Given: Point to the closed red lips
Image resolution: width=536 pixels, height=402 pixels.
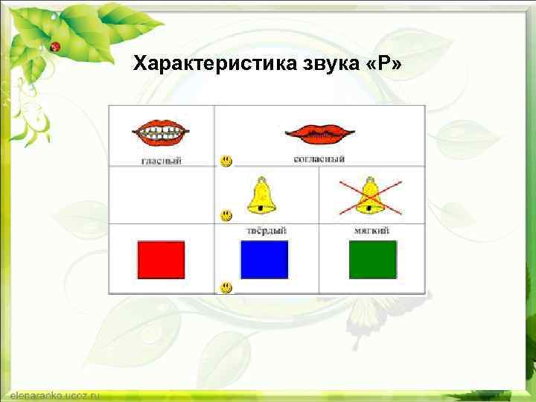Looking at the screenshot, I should tap(319, 134).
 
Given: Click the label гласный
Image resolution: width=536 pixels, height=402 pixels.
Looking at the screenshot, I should tap(162, 160).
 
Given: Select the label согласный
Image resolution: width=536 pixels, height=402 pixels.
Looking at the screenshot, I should tap(319, 159).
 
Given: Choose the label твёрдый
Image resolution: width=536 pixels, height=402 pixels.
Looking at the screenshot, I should tap(266, 231).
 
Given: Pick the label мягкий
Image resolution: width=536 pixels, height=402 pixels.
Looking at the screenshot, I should tap(371, 231).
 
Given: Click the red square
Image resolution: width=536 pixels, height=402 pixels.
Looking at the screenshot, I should tap(160, 260).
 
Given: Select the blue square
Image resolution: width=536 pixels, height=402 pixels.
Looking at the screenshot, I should tap(264, 260).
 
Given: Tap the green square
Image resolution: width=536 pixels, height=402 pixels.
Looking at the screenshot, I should tap(372, 260).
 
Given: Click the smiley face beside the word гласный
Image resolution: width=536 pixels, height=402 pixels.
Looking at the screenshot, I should tap(225, 161).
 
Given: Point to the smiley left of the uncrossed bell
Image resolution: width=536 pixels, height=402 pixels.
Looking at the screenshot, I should tap(225, 216).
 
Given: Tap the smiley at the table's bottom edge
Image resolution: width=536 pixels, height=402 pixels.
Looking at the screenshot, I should tap(225, 287).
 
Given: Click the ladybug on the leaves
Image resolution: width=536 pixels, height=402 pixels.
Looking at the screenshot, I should tap(54, 46).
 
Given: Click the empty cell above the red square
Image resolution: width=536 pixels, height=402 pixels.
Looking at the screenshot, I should tap(162, 195).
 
